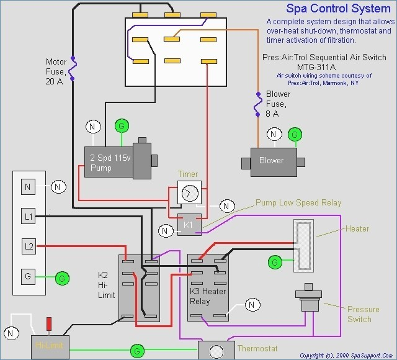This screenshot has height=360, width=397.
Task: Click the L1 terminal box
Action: point(28,216)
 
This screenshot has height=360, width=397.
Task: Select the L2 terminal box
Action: point(29,246)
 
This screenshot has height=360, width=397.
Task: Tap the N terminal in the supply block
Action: point(28,187)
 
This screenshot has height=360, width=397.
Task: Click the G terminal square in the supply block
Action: point(28,276)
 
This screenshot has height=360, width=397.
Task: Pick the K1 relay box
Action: point(189,225)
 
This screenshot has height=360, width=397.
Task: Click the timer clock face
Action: point(190,193)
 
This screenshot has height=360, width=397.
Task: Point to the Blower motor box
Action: point(274,162)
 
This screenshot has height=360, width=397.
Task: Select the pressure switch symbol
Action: point(308,297)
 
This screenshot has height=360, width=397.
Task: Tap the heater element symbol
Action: point(303,246)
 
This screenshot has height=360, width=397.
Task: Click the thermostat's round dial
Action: point(216,352)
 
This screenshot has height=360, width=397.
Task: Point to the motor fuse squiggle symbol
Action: point(73,68)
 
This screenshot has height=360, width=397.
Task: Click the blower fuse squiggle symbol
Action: point(258,104)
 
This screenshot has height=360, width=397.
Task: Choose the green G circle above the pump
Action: point(122,125)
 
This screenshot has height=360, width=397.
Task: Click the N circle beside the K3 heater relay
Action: point(252,305)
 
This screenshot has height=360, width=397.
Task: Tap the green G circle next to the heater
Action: point(275,262)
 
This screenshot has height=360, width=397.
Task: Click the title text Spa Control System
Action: point(339,9)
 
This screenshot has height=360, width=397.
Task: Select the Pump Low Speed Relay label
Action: point(298,203)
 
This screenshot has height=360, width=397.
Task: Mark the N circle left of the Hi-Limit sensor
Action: point(11,333)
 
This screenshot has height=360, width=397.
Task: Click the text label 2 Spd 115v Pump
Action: point(110,163)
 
